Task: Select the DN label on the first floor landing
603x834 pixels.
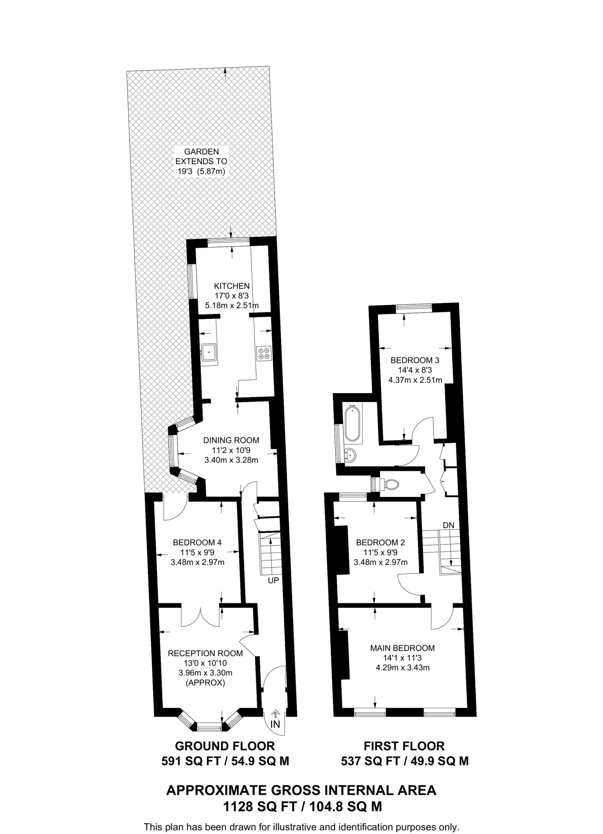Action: (448, 525)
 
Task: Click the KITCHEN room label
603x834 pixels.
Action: (232, 286)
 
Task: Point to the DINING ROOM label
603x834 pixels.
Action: (231, 440)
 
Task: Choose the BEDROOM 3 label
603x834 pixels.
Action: (415, 360)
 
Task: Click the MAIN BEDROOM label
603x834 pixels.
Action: (402, 648)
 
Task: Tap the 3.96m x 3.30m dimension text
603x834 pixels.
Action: (205, 673)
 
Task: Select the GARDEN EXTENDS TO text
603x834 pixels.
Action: (201, 156)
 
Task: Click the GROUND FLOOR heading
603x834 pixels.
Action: (225, 746)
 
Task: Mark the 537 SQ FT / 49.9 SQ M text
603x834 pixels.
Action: (404, 761)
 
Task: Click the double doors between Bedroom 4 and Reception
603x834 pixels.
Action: (201, 616)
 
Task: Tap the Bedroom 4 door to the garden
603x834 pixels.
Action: (174, 508)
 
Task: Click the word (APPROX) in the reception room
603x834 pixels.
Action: (205, 683)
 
